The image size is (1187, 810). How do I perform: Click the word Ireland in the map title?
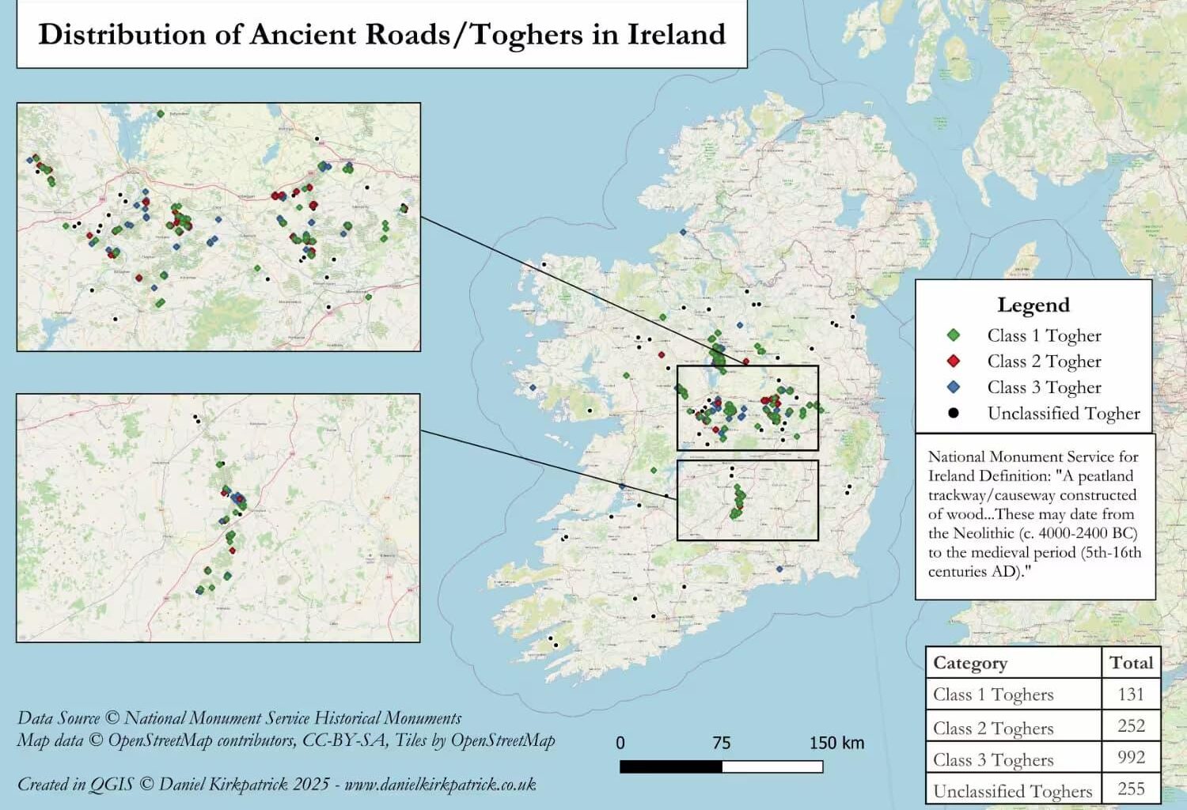pyautogui.click(x=676, y=35)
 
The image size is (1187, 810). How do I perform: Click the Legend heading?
pyautogui.click(x=1033, y=305)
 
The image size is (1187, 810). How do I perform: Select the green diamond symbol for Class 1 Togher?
pyautogui.click(x=954, y=335)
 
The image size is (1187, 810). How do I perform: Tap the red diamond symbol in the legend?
pyautogui.click(x=954, y=361)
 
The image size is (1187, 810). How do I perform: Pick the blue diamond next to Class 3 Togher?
pyautogui.click(x=954, y=388)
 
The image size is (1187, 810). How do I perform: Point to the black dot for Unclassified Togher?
pyautogui.click(x=954, y=413)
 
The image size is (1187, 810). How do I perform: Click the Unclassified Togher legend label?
pyautogui.click(x=1063, y=414)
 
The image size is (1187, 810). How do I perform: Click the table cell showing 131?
pyautogui.click(x=1131, y=695)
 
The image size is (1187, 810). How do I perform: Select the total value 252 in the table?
pyautogui.click(x=1131, y=726)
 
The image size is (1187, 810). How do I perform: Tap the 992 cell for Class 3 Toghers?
pyautogui.click(x=1131, y=758)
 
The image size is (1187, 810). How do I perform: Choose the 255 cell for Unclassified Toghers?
pyautogui.click(x=1131, y=789)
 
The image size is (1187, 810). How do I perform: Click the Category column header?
pyautogui.click(x=970, y=663)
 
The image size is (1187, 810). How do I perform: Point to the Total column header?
pyautogui.click(x=1131, y=663)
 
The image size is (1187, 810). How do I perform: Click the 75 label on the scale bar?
pyautogui.click(x=721, y=744)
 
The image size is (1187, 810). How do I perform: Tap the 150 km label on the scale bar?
pyautogui.click(x=836, y=744)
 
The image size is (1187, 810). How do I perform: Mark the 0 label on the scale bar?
pyautogui.click(x=620, y=744)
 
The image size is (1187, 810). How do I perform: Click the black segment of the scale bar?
pyautogui.click(x=671, y=766)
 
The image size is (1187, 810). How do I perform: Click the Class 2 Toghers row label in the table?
pyautogui.click(x=993, y=729)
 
